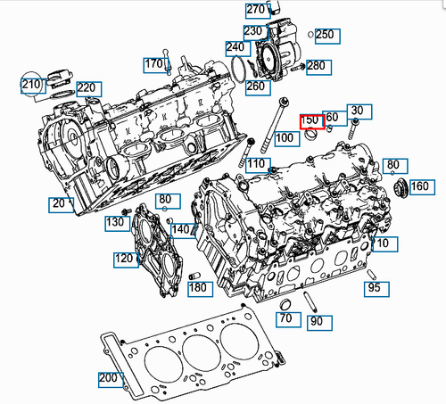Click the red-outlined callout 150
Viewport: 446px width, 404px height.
tap(310, 120)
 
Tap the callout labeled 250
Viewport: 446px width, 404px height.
tap(323, 35)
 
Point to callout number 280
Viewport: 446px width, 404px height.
tap(317, 66)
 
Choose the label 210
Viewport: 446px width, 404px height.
tap(32, 86)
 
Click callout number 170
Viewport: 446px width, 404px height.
tap(153, 64)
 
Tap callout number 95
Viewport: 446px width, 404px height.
tap(374, 288)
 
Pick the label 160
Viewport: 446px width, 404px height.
tap(420, 186)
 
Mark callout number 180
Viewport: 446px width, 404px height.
tap(198, 287)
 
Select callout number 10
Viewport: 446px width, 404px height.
tap(381, 243)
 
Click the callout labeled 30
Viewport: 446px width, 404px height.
tap(357, 110)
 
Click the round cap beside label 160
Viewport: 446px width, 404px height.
tap(401, 187)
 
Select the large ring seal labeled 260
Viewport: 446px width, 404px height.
tap(242, 69)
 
